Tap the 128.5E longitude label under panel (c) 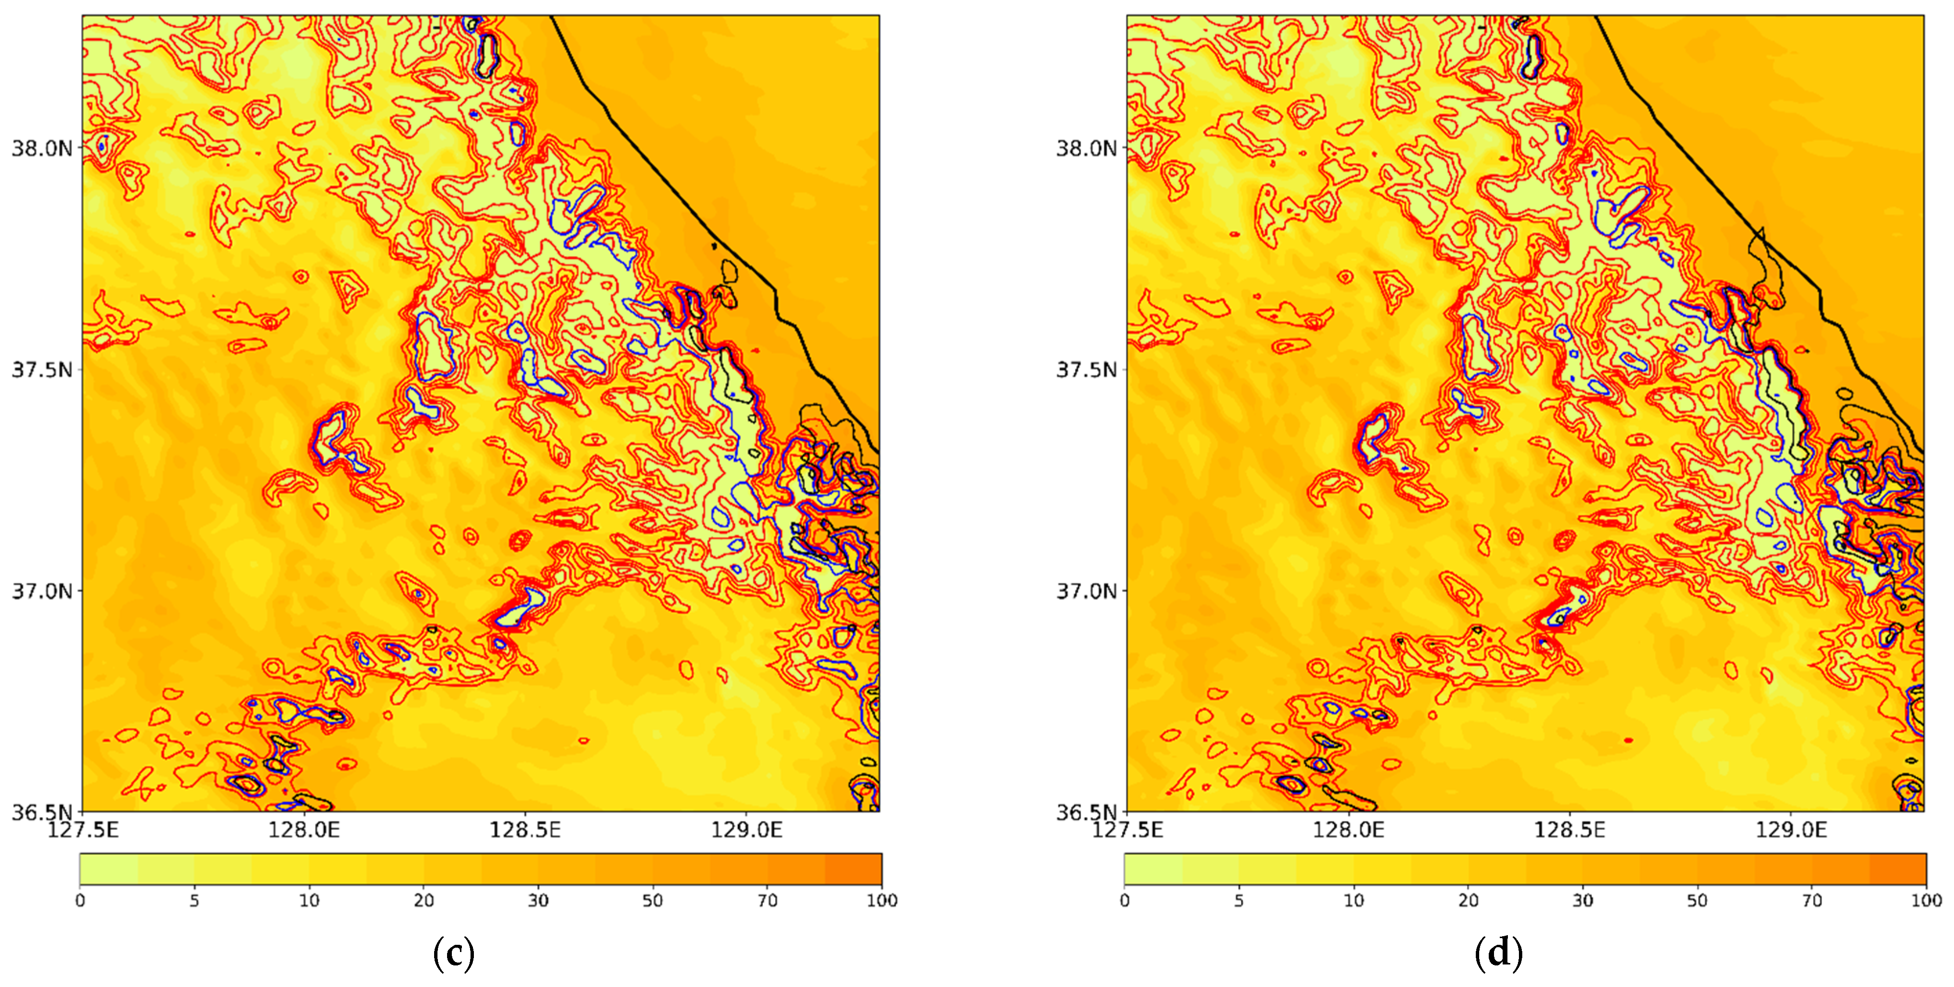coord(525,830)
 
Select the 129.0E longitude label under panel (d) coord(1791,830)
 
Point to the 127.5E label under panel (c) coord(83,830)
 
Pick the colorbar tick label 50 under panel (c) coord(652,901)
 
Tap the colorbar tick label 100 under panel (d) coord(1926,901)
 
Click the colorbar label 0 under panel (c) coord(80,901)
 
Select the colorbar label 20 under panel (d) coord(1469,901)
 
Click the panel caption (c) coord(454,953)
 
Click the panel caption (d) coord(1498,953)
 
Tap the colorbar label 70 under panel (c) coord(768,901)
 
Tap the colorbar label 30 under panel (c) coord(538,901)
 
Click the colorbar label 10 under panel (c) coord(309,901)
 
